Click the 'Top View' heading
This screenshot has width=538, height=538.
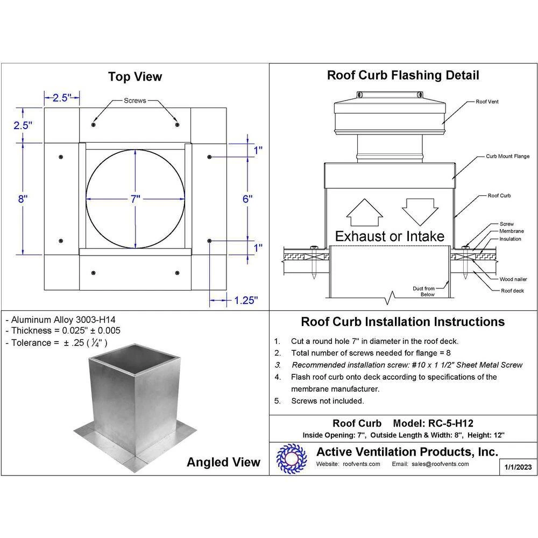134,77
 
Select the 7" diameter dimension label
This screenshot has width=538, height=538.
134,199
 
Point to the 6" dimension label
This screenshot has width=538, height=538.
247,198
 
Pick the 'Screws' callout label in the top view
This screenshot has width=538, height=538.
134,101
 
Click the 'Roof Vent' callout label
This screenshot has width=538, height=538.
487,101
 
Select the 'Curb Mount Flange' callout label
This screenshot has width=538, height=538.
507,156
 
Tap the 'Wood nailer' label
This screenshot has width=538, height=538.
513,279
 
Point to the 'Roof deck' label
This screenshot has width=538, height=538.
512,291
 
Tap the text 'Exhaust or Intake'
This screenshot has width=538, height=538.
390,236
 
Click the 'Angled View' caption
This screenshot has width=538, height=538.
223,462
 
